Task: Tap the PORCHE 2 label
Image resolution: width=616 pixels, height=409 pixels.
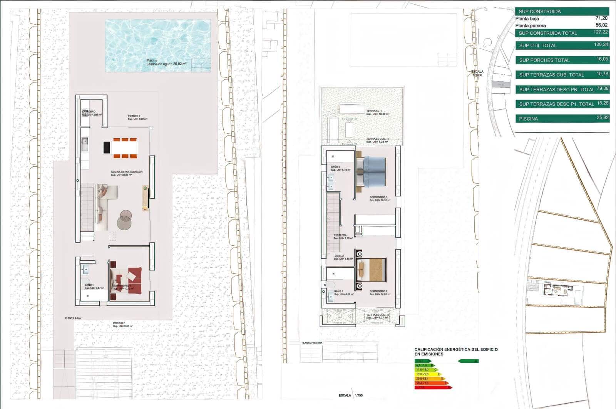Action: coord(134,116)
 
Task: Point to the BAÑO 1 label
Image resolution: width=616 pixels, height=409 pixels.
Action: coord(89,285)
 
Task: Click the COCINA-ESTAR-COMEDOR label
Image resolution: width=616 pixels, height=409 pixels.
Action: coord(127,172)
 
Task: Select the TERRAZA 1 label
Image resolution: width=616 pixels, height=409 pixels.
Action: coord(374,111)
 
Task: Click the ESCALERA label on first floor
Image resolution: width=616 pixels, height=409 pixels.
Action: coord(340,235)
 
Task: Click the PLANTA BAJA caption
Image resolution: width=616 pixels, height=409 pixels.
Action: coord(73,318)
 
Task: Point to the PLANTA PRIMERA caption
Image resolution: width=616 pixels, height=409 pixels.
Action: coord(312,342)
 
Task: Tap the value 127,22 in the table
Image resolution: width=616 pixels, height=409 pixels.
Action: coord(601,32)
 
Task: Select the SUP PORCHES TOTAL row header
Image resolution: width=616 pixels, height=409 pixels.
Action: coord(544,60)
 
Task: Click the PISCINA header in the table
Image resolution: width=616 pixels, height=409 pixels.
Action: coord(528,119)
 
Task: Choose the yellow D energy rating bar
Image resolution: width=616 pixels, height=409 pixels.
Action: coord(427,374)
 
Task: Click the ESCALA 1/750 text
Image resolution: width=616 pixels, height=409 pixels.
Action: coord(351,396)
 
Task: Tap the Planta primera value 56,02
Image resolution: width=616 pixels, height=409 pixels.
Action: coord(601,25)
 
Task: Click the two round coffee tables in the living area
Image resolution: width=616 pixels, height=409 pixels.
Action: coord(124,220)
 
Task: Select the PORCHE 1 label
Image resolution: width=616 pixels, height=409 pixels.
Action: coord(119,323)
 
